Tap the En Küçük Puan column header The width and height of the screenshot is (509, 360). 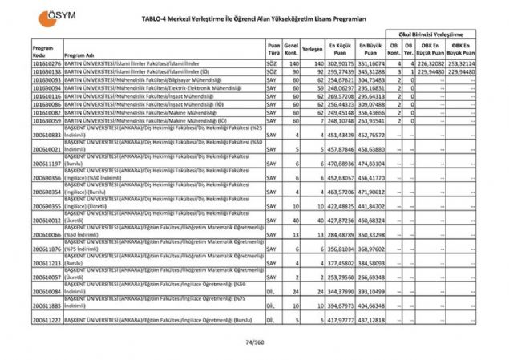click(x=340, y=48)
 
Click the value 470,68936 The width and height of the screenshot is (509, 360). click(x=340, y=164)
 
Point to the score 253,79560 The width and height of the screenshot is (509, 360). click(x=340, y=277)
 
